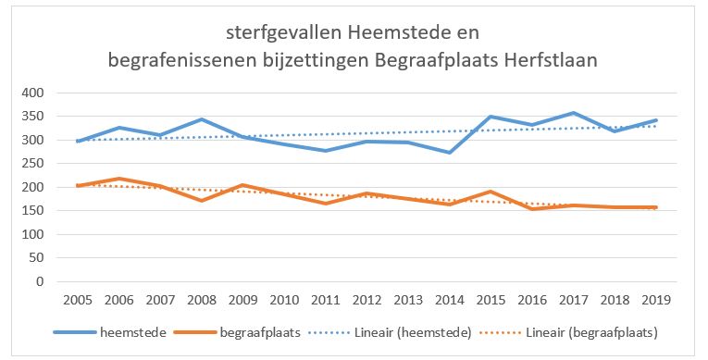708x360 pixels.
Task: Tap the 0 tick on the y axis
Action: coord(38,281)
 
